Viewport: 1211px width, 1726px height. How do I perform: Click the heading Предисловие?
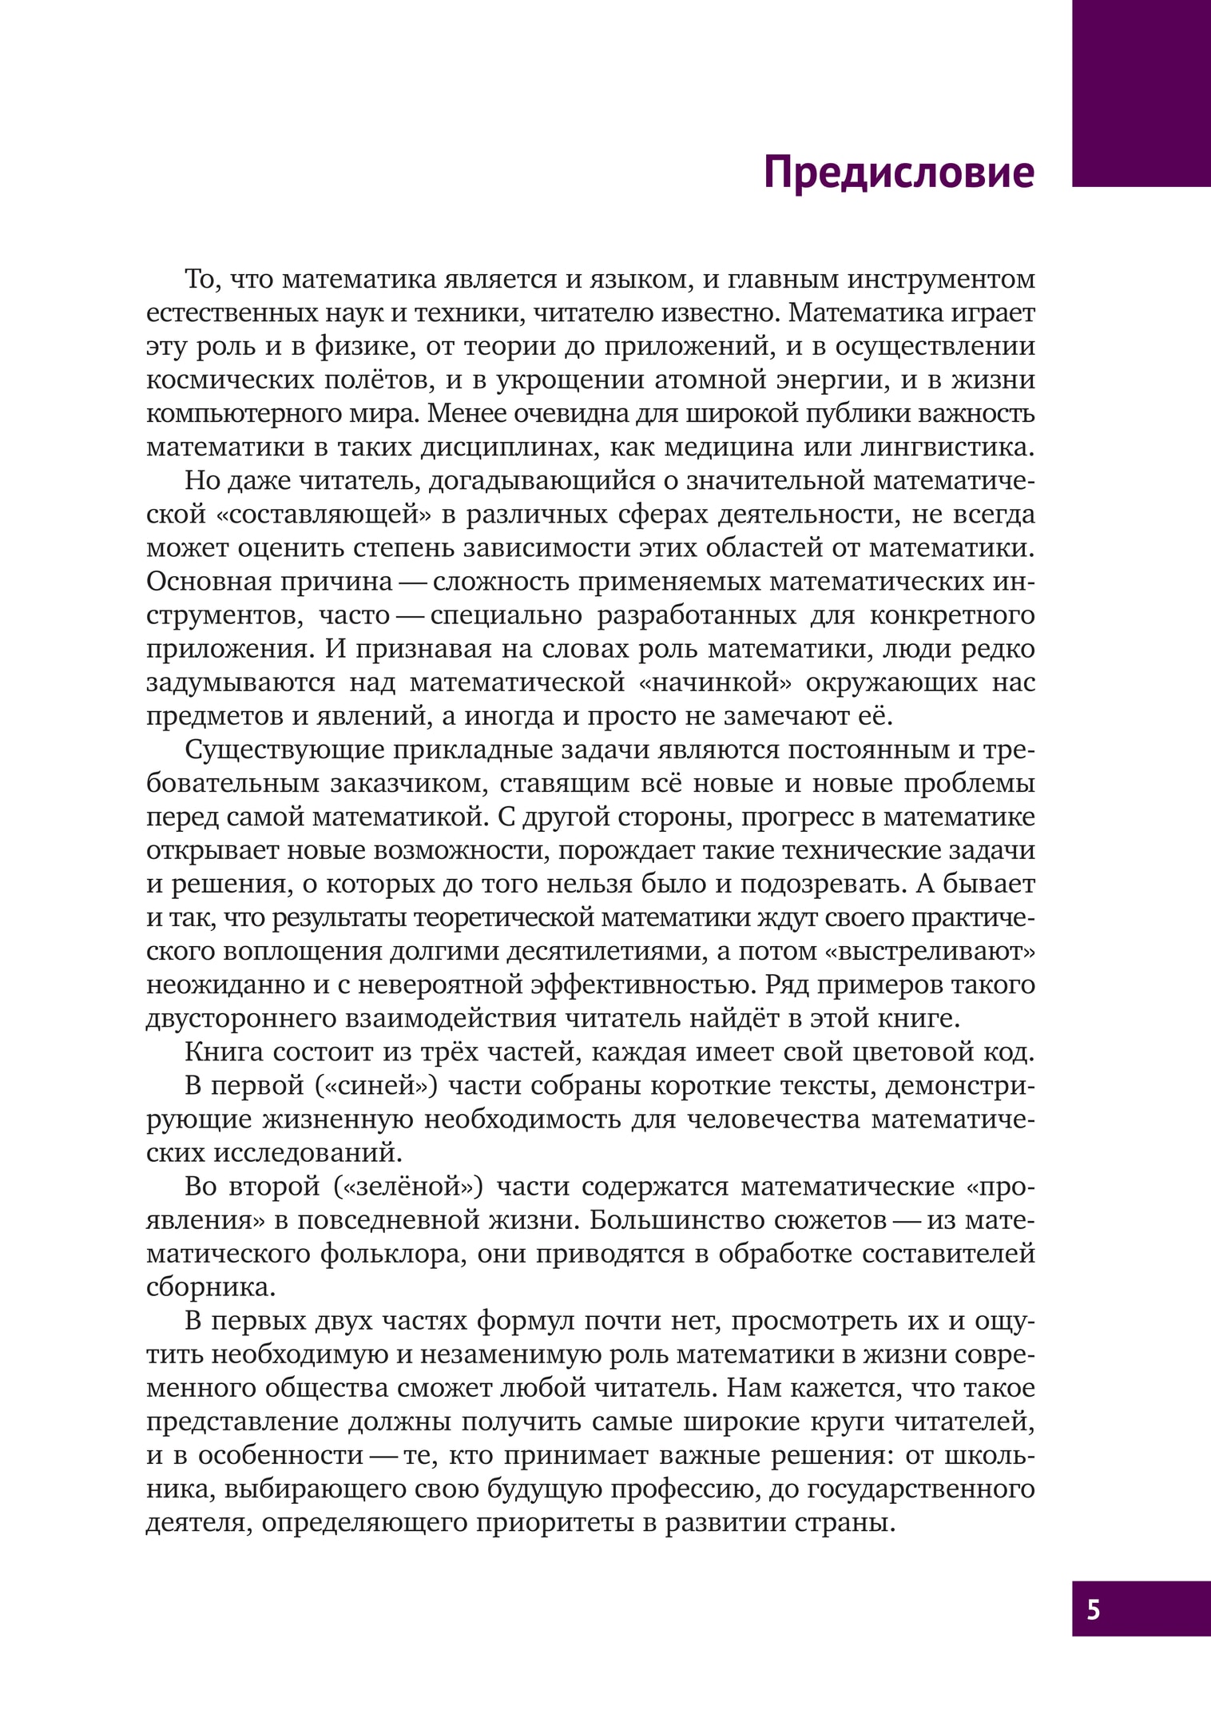pyautogui.click(x=899, y=172)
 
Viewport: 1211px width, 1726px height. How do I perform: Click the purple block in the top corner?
pyautogui.click(x=1141, y=93)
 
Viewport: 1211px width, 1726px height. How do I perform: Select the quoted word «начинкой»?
pyautogui.click(x=710, y=683)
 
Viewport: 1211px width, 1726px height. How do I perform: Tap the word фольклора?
pyautogui.click(x=391, y=1255)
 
